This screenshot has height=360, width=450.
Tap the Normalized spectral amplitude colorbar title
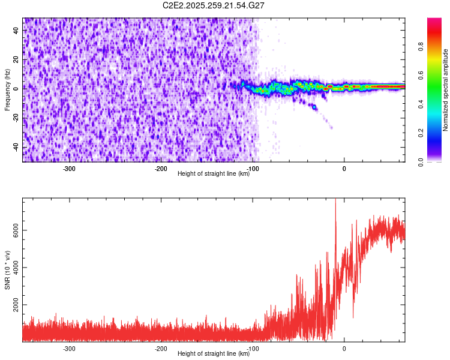(446, 90)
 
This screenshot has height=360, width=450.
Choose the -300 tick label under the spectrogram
(69, 169)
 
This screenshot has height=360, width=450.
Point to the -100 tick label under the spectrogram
(253, 169)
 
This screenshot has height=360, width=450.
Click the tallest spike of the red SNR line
(335, 201)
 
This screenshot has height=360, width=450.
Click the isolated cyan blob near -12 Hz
(314, 107)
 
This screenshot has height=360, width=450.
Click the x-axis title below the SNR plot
(214, 354)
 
